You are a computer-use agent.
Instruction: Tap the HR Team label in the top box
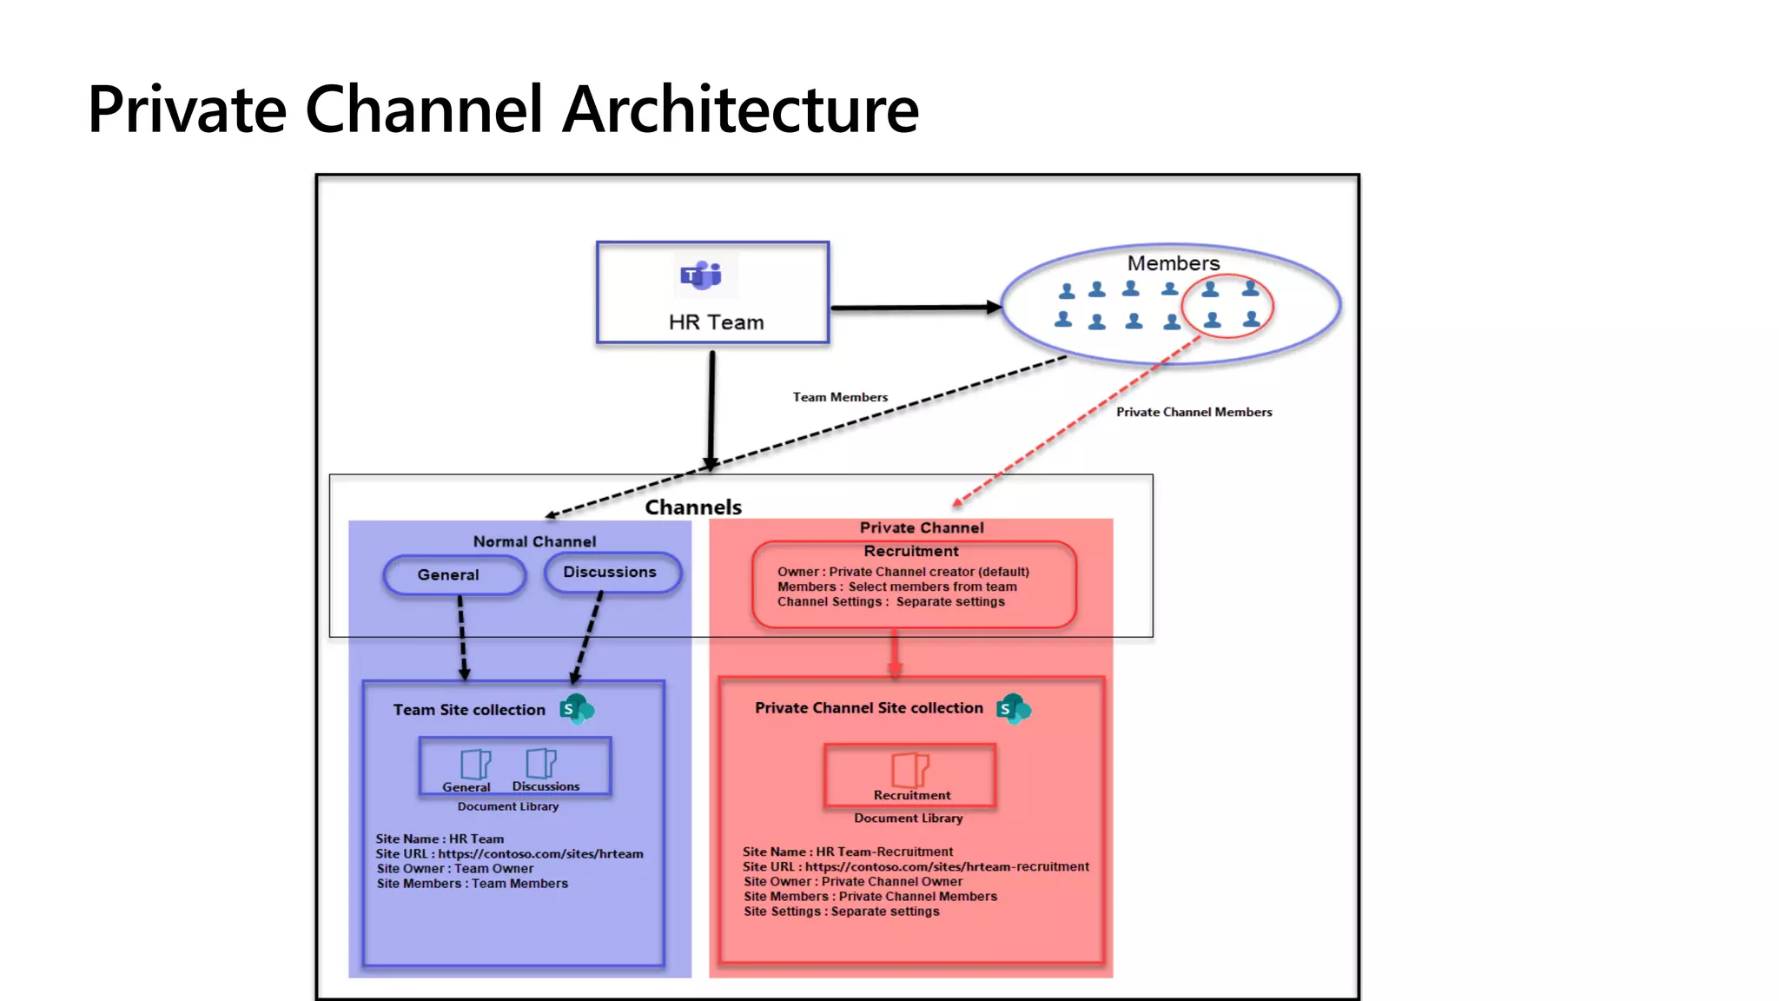click(716, 322)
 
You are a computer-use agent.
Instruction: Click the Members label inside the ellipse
click(1173, 262)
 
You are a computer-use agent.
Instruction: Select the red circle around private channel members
click(1227, 306)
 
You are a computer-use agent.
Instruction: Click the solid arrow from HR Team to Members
click(912, 308)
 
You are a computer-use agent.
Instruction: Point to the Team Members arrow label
click(840, 397)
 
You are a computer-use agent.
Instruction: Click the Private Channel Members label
click(1194, 412)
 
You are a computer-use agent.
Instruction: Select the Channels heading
click(693, 507)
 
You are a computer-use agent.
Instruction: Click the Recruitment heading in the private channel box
click(910, 551)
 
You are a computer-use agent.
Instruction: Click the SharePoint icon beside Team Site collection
click(576, 709)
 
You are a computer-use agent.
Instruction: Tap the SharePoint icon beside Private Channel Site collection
click(1013, 709)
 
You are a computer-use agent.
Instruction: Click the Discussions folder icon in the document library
click(540, 763)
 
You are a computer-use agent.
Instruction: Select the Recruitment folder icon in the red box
click(909, 769)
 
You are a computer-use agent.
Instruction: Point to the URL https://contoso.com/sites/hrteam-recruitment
click(946, 866)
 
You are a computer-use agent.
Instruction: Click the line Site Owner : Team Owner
click(455, 868)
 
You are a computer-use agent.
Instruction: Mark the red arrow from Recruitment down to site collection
click(895, 654)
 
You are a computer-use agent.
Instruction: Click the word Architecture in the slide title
click(740, 109)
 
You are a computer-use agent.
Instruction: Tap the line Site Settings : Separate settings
click(841, 911)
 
